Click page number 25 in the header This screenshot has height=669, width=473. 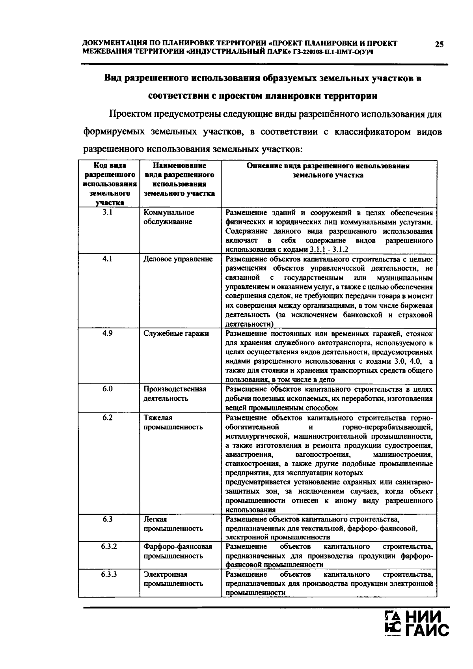[x=439, y=44]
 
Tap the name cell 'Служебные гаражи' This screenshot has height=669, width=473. [x=176, y=333]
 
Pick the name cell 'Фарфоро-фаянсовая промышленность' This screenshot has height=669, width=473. [x=177, y=551]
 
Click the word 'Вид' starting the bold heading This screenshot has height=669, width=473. [x=112, y=78]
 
